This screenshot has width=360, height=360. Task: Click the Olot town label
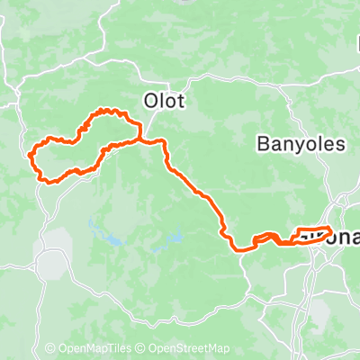pyautogui.click(x=165, y=101)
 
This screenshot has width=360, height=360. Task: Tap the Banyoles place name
pyautogui.click(x=293, y=143)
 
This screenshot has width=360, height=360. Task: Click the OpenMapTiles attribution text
pyautogui.click(x=93, y=349)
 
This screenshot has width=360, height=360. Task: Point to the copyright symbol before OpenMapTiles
pyautogui.click(x=51, y=349)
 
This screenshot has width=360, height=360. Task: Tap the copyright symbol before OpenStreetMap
pyautogui.click(x=142, y=349)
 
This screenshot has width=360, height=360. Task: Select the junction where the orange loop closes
pyautogui.click(x=139, y=139)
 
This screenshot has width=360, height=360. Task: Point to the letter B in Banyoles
pyautogui.click(x=263, y=143)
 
